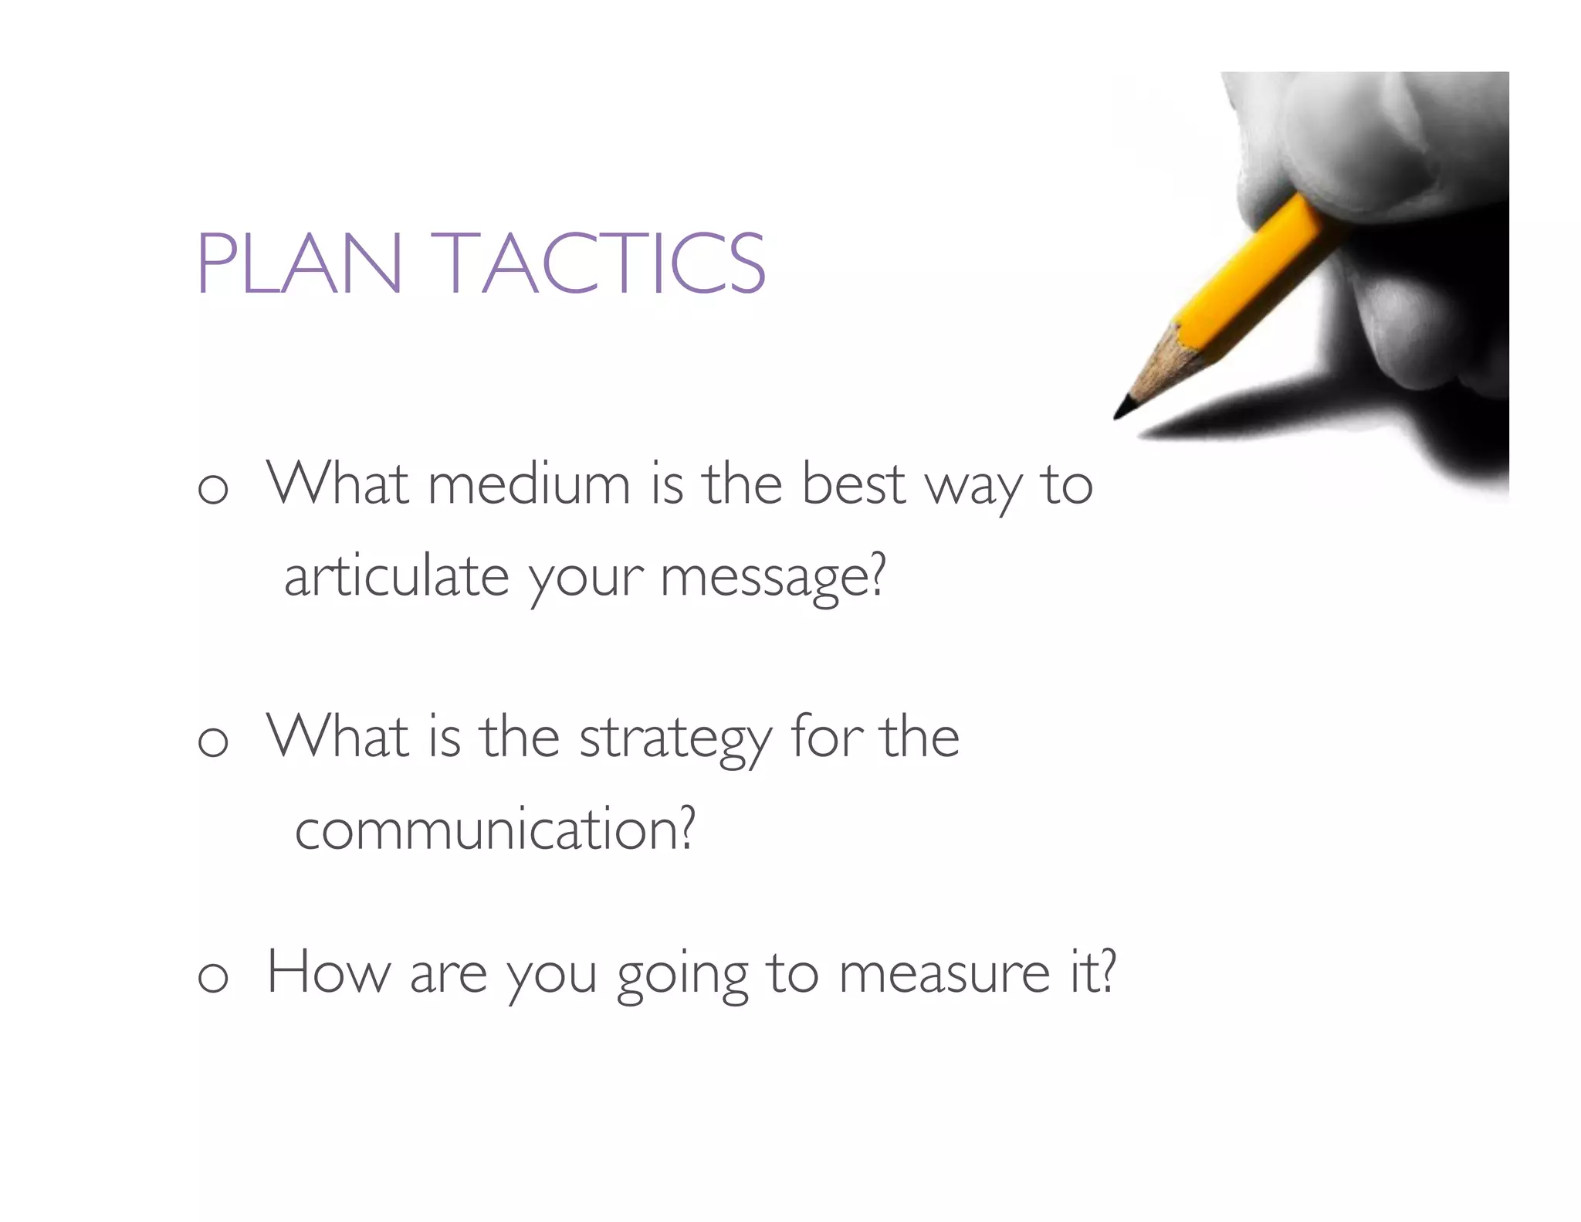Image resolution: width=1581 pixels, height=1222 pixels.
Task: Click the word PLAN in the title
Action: [300, 263]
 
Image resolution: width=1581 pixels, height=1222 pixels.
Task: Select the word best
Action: [853, 485]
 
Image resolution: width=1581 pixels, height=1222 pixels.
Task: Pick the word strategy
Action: [675, 738]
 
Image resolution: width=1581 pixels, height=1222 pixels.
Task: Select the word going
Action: [682, 976]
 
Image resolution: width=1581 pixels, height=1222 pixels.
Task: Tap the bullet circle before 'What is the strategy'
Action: [213, 742]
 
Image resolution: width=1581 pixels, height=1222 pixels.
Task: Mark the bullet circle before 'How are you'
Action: [213, 978]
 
